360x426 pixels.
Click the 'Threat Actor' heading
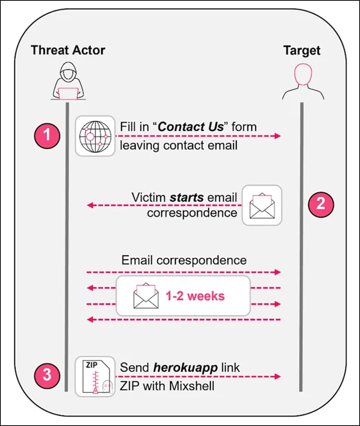pyautogui.click(x=68, y=50)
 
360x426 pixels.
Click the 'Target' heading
pyautogui.click(x=302, y=50)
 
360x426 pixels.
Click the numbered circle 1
pyautogui.click(x=47, y=135)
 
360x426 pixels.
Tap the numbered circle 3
pyautogui.click(x=47, y=375)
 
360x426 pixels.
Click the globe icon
pyautogui.click(x=95, y=135)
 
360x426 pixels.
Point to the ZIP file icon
pyautogui.click(x=95, y=376)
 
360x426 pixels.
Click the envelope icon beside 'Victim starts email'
pyautogui.click(x=261, y=205)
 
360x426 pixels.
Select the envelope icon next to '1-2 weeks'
pyautogui.click(x=146, y=296)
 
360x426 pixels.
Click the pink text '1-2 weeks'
pyautogui.click(x=195, y=296)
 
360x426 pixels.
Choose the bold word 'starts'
pyautogui.click(x=186, y=197)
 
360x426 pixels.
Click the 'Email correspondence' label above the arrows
pyautogui.click(x=184, y=260)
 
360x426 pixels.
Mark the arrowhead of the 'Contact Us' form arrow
pyautogui.click(x=277, y=136)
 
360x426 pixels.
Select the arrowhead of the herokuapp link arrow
pyautogui.click(x=277, y=376)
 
